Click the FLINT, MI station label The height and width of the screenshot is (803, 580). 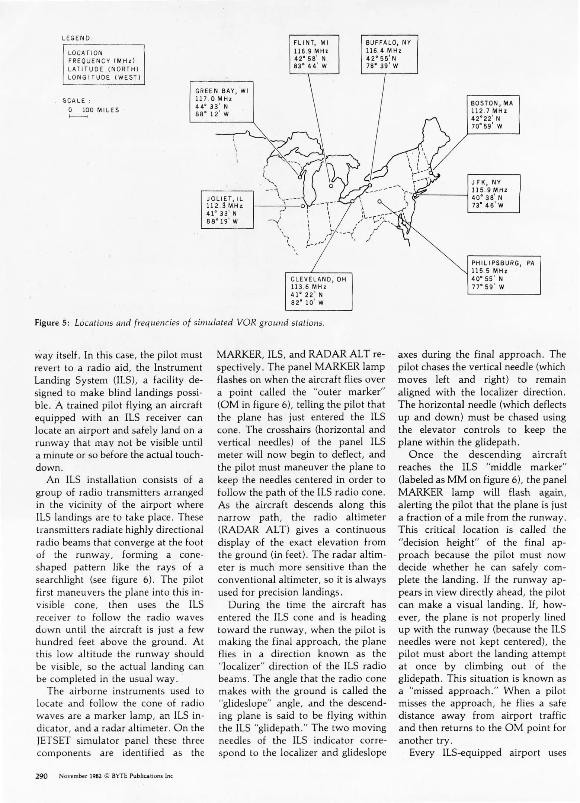(310, 43)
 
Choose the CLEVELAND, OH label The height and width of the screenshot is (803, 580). (318, 280)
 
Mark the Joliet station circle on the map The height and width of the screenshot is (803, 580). (302, 206)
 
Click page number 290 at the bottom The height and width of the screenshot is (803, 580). (41, 776)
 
